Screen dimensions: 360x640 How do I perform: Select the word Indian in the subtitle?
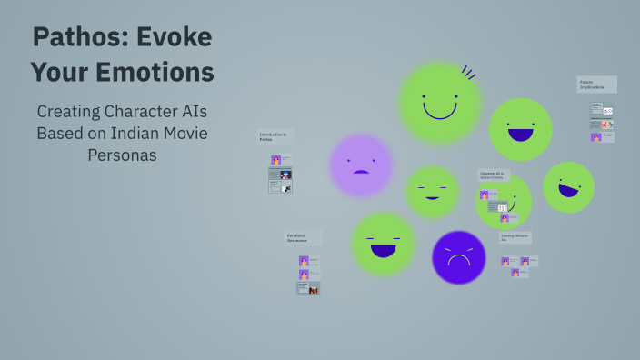pos(147,134)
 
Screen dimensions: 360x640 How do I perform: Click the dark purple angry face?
pos(458,257)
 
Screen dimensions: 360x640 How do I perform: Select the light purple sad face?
pos(361,165)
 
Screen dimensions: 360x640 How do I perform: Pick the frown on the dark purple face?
pos(458,262)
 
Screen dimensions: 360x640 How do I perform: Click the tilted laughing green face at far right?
pos(568,187)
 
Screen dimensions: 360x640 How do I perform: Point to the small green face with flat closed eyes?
pos(432,192)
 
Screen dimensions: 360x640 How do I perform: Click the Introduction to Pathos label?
pos(274,136)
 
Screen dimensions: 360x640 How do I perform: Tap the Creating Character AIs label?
pos(515,236)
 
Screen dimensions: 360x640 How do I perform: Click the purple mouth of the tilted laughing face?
pos(569,190)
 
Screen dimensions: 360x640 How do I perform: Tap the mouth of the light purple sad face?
pos(361,171)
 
